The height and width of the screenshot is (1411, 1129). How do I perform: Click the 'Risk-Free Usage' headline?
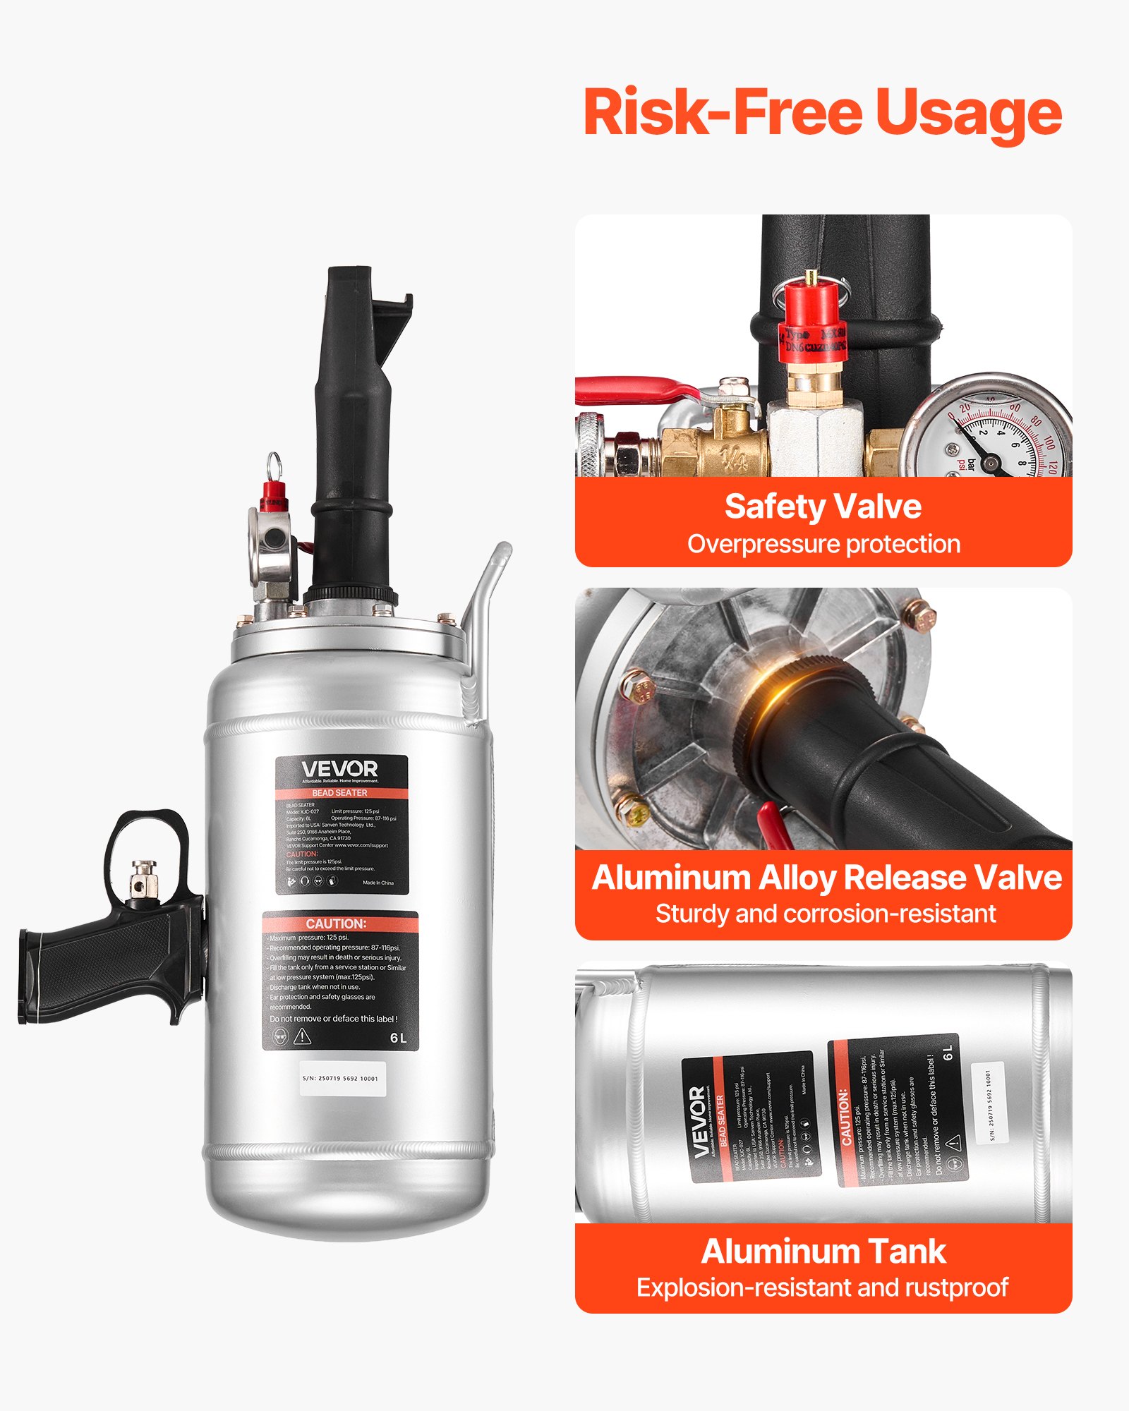tap(823, 113)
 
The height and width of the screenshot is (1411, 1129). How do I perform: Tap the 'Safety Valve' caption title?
tap(823, 507)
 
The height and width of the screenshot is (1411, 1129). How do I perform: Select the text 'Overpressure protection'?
tap(823, 544)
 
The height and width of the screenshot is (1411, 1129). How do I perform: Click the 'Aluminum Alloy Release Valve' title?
tap(826, 878)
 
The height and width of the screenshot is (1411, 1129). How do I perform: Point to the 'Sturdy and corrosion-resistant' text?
tap(825, 914)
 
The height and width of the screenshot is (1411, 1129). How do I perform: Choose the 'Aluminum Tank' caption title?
tap(823, 1252)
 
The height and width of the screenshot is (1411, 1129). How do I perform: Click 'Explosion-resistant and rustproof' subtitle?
tap(822, 1288)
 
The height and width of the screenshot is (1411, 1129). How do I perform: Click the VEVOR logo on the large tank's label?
tap(339, 768)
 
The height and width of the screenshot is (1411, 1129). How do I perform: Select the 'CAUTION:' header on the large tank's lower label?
tap(336, 923)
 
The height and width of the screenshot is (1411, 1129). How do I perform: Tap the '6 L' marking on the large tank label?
tap(398, 1038)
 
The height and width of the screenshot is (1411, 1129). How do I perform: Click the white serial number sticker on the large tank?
tap(342, 1078)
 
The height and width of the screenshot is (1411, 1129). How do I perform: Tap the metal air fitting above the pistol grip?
tap(144, 879)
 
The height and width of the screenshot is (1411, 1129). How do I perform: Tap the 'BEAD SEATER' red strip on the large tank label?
tap(339, 793)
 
